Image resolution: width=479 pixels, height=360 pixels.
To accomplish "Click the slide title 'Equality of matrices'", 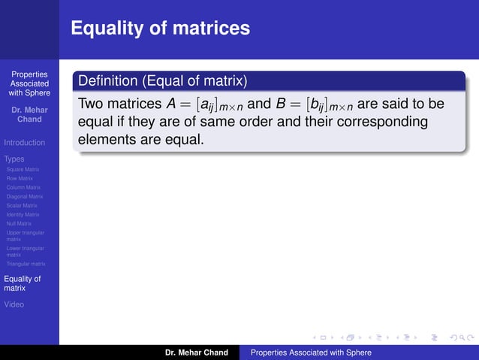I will tap(160, 29).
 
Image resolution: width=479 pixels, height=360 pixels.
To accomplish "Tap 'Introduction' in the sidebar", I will tap(24, 143).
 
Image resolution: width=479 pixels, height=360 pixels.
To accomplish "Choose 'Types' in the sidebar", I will tap(14, 159).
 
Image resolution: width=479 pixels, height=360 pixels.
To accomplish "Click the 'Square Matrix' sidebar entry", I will tap(23, 170).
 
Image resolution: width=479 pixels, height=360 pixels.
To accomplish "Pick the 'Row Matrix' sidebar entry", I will tap(20, 179).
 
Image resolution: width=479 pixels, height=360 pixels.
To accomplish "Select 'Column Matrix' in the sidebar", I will tap(24, 188).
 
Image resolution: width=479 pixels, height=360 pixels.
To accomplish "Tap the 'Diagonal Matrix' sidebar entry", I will tap(25, 197).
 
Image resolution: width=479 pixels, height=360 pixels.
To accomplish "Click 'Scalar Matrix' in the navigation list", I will tap(22, 206).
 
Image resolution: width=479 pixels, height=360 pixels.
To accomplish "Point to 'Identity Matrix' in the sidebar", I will tap(23, 215).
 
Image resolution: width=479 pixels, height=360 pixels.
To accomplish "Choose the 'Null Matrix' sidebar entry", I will tap(19, 224).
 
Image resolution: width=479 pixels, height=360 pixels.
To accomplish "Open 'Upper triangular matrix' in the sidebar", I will tap(25, 237).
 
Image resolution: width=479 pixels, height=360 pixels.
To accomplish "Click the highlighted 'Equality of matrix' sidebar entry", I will tap(23, 283).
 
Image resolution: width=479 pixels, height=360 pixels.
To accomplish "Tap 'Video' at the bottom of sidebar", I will tap(14, 304).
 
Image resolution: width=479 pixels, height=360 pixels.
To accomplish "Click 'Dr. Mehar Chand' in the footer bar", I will tap(197, 352).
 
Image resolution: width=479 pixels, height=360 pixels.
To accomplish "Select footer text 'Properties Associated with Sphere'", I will tap(311, 352).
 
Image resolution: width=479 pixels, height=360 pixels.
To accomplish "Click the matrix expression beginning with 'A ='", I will tap(200, 103).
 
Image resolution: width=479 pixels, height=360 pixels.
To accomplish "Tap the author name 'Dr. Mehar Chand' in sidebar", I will tap(29, 114).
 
